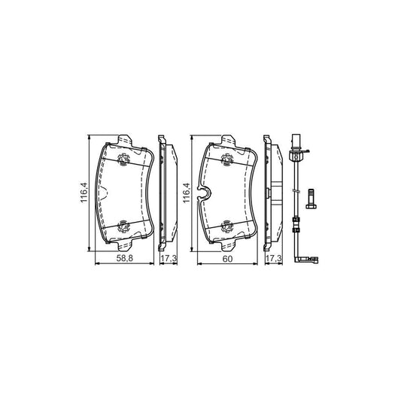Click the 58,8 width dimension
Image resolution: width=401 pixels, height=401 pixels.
point(125,258)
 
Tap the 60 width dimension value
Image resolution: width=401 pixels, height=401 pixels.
point(227,259)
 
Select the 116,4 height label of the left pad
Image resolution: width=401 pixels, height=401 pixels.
point(84,193)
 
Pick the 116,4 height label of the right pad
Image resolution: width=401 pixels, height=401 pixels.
point(186,193)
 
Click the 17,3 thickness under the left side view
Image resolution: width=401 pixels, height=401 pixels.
point(169,259)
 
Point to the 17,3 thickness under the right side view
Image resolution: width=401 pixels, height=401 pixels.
point(273,259)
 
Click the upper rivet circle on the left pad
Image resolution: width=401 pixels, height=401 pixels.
point(124,159)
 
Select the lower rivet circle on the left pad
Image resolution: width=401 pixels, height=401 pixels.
point(124,226)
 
